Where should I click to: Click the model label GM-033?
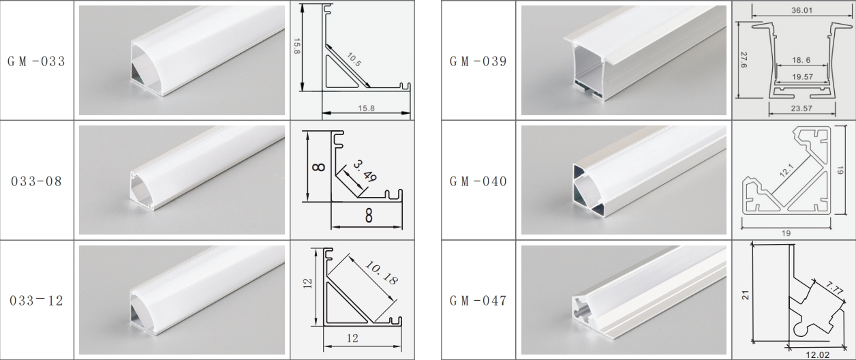coord(37,61)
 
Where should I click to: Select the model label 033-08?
coord(37,181)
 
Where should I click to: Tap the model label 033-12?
coord(37,301)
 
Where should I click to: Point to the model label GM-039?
coord(478,61)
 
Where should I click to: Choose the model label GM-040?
coord(478,181)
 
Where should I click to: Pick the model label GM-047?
coord(478,301)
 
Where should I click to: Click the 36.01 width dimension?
coord(802,10)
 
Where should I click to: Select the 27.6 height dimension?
coord(744,60)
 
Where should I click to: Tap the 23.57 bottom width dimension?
coord(801,108)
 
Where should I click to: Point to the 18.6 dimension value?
coord(801,60)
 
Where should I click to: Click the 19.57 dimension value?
coord(803,77)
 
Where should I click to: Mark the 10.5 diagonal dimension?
coord(354,60)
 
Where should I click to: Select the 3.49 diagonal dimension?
coord(365,170)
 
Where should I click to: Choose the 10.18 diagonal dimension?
coord(382,272)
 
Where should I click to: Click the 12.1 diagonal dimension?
coord(787,170)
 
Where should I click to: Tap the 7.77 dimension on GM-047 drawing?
coord(834,288)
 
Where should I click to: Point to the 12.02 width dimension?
coord(817,355)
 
